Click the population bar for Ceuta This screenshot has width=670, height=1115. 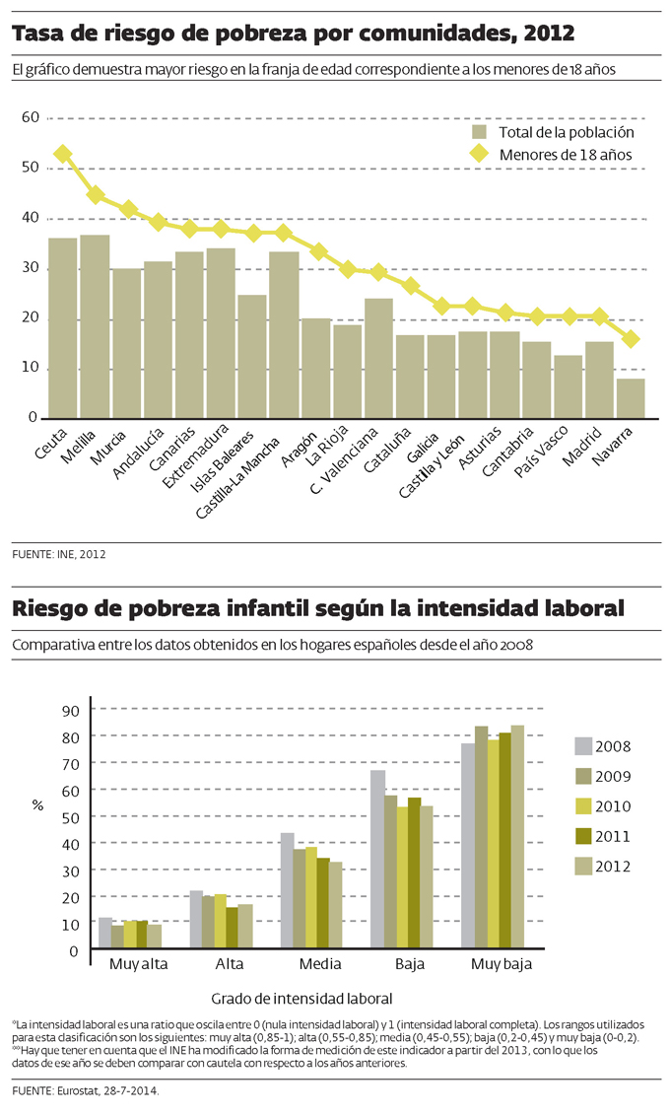[63, 328]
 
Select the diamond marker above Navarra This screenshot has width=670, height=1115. [631, 339]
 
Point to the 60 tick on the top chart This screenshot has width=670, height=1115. [30, 117]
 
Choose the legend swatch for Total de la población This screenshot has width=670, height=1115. [481, 132]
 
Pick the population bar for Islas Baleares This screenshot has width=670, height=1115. [252, 357]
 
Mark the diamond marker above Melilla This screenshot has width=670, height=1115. [95, 195]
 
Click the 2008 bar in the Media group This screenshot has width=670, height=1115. [287, 891]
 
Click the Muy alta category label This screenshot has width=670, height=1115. [138, 965]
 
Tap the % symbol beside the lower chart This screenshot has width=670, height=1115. [37, 804]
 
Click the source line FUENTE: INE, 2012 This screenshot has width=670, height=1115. [59, 554]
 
